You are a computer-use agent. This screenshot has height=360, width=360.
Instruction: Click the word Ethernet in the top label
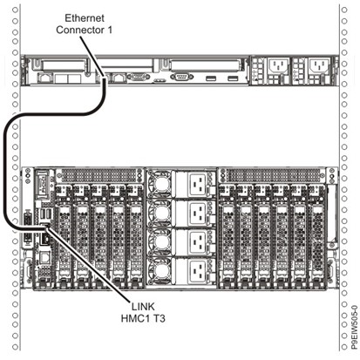click(x=85, y=18)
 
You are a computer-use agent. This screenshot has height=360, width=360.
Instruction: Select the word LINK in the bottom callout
click(x=143, y=307)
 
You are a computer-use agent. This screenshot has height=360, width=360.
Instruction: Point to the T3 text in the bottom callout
click(x=159, y=318)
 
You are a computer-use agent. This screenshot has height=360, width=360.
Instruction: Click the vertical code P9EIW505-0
click(x=354, y=327)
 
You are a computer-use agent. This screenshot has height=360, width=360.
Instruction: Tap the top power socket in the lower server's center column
click(x=199, y=185)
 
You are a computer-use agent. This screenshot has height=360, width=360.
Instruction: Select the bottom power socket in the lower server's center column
click(x=199, y=271)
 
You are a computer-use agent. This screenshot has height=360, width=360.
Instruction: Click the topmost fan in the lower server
click(x=160, y=184)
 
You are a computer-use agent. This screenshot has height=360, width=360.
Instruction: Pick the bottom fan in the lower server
click(x=160, y=271)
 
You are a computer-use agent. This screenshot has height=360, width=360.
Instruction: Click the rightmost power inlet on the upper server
click(x=319, y=66)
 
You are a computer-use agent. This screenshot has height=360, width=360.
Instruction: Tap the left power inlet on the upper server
click(x=278, y=66)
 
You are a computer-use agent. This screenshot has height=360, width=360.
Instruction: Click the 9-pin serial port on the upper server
click(x=181, y=78)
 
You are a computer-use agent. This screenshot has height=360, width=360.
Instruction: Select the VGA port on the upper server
click(x=139, y=78)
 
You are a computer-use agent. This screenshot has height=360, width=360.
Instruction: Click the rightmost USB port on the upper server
click(x=233, y=78)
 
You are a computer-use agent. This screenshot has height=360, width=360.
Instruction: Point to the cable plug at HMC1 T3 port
click(x=44, y=226)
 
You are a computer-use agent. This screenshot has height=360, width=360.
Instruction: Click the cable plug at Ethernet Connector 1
click(x=104, y=79)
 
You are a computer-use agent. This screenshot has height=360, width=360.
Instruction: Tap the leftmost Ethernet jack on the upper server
click(x=44, y=78)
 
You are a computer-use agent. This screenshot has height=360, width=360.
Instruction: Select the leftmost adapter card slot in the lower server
click(x=64, y=235)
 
